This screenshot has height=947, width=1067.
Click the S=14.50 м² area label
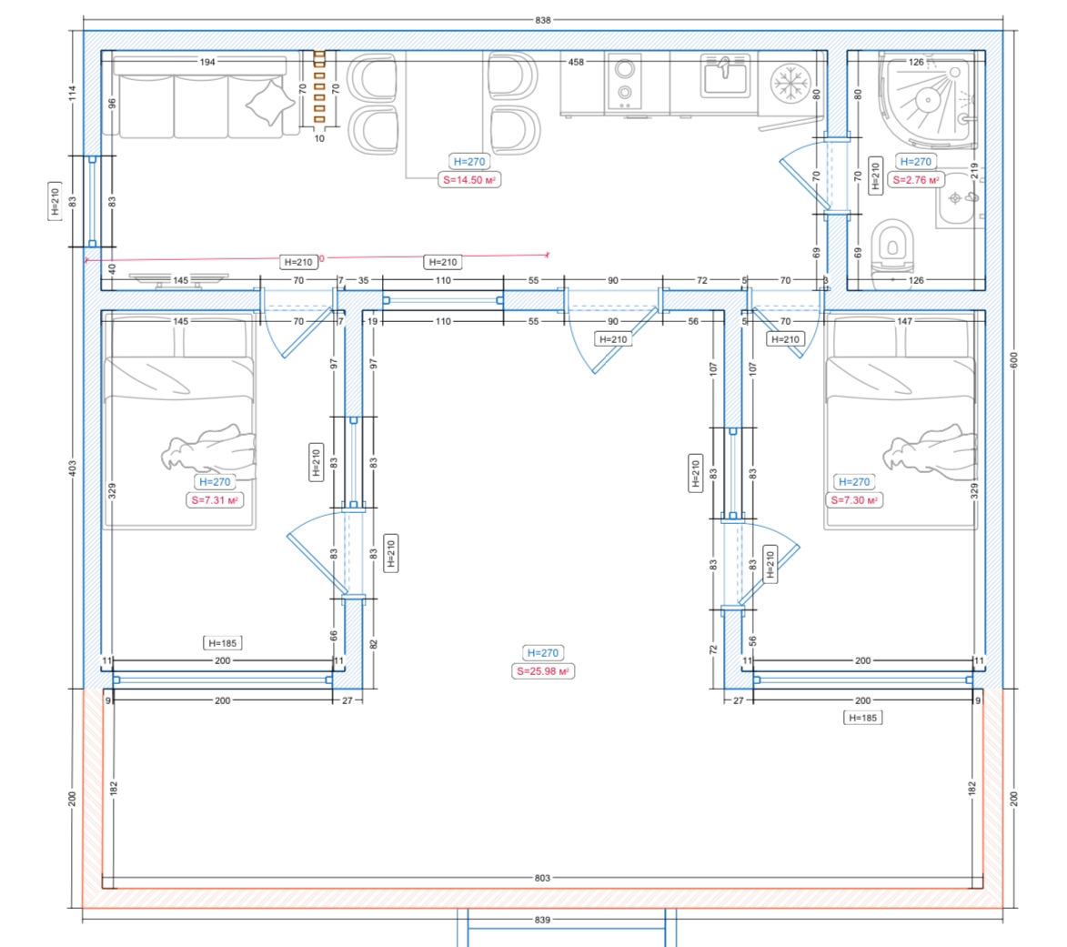click(469, 180)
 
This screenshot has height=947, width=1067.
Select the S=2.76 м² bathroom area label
click(916, 180)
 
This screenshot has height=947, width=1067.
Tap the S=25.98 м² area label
click(543, 671)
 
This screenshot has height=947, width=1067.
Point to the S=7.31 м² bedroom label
click(215, 500)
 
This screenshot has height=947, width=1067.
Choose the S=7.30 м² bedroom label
click(854, 500)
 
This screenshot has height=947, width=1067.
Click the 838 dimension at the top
click(542, 20)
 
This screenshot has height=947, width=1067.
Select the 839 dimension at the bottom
click(542, 920)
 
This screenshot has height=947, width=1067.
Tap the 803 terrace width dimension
click(542, 878)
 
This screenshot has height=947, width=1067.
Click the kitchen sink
click(725, 76)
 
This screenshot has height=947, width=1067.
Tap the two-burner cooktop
click(624, 81)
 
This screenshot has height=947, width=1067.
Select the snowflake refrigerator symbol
click(790, 84)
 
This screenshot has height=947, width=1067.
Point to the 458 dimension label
click(577, 62)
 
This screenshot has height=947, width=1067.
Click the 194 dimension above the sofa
click(207, 62)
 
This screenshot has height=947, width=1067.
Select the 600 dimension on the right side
click(1014, 360)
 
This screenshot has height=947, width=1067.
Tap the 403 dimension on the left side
click(72, 468)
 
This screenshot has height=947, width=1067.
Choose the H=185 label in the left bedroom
click(223, 643)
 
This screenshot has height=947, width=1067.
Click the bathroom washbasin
click(960, 199)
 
